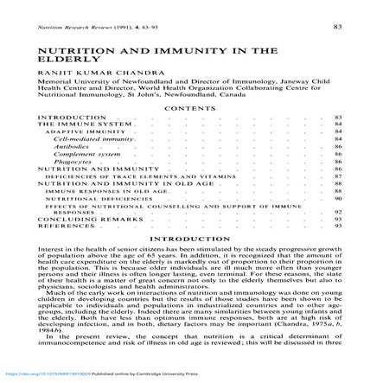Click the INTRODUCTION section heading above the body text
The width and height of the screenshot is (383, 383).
point(190,237)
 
